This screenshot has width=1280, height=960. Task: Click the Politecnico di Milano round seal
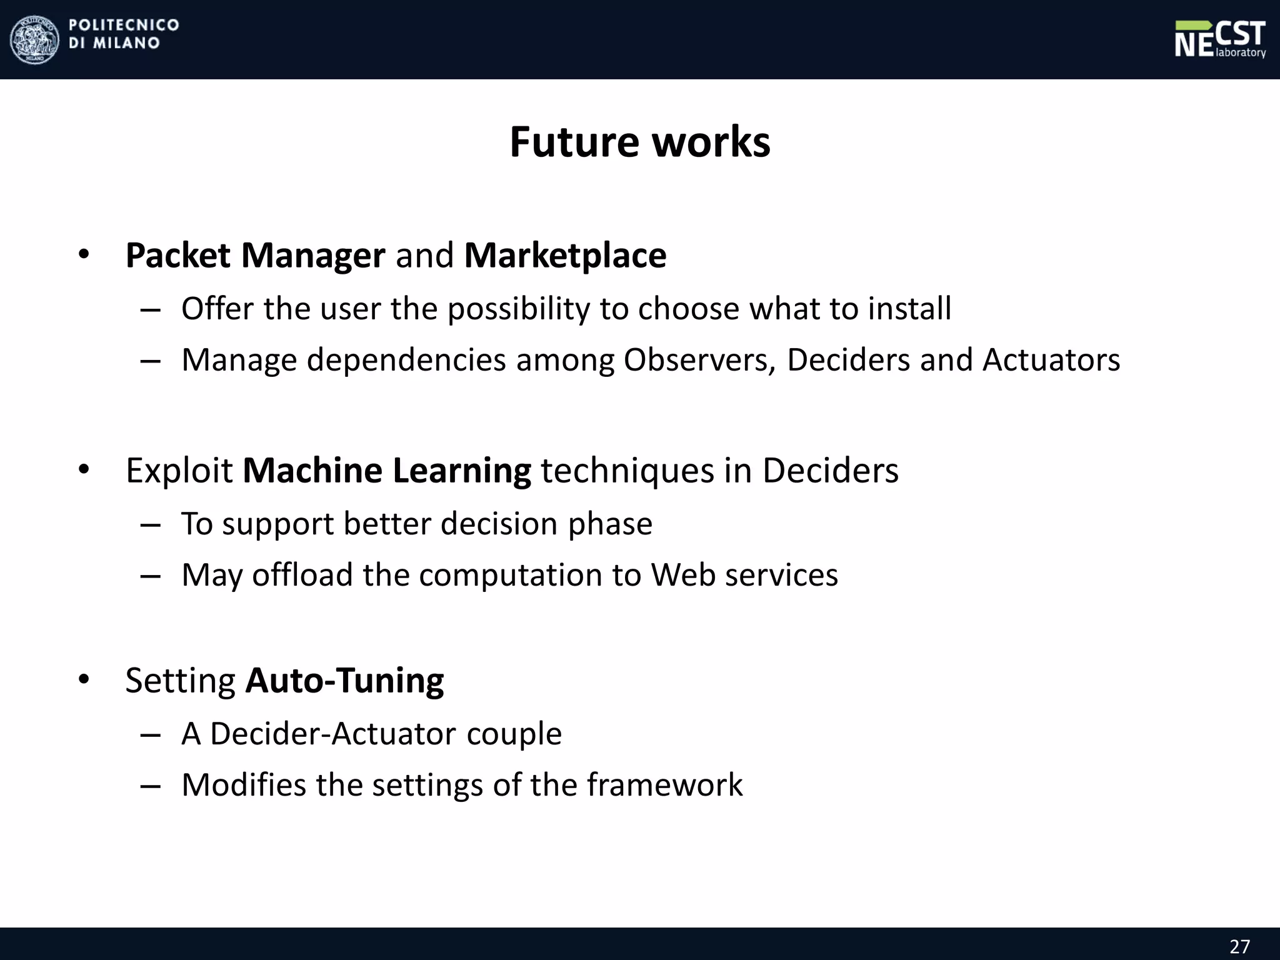click(x=35, y=39)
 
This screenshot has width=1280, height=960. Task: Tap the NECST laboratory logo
click(x=1219, y=39)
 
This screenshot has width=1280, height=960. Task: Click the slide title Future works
click(x=640, y=142)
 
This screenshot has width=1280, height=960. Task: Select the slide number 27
click(x=1239, y=946)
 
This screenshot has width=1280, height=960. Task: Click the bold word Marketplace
click(x=565, y=256)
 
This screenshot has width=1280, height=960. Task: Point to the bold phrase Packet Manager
click(x=255, y=256)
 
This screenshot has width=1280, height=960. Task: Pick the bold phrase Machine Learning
click(x=387, y=471)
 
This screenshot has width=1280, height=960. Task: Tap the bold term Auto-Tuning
click(x=344, y=681)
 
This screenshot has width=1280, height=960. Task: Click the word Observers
click(x=699, y=361)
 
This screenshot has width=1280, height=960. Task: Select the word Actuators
click(x=1051, y=361)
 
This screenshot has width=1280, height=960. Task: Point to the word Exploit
click(x=179, y=471)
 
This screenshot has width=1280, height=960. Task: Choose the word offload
click(x=302, y=575)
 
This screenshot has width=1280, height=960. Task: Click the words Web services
click(x=744, y=575)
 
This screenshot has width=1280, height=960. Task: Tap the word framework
click(x=664, y=785)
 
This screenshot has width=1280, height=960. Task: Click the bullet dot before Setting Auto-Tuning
click(x=84, y=679)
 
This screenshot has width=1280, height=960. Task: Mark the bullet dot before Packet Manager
click(x=84, y=254)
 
